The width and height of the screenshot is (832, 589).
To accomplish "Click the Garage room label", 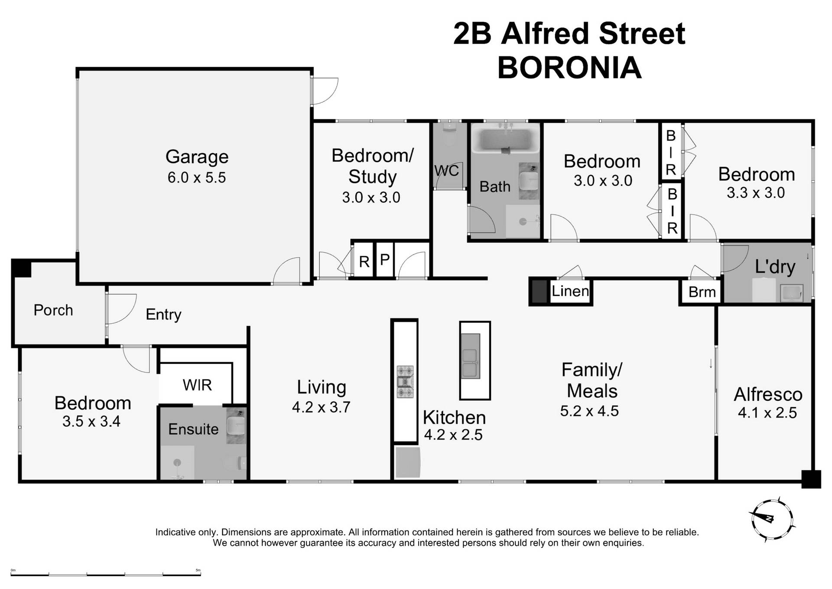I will pyautogui.click(x=197, y=157).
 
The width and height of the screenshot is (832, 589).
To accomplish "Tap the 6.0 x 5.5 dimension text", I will pyautogui.click(x=197, y=177).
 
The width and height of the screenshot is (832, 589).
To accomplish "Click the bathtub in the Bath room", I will pyautogui.click(x=505, y=139).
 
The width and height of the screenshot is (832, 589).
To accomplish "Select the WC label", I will pyautogui.click(x=446, y=170).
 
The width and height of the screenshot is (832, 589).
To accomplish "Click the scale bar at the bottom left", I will pyautogui.click(x=105, y=574).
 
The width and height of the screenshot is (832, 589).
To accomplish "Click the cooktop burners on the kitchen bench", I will pyautogui.click(x=405, y=382).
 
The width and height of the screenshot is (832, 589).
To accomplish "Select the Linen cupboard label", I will pyautogui.click(x=570, y=291).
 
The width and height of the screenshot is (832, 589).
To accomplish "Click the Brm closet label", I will pyautogui.click(x=702, y=292).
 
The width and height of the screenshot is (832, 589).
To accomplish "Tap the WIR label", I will pyautogui.click(x=197, y=385).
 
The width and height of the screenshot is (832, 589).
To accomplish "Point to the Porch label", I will pyautogui.click(x=53, y=310).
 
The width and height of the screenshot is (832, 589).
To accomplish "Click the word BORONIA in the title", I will pyautogui.click(x=569, y=68).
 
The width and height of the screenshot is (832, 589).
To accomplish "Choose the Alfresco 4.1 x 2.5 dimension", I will pyautogui.click(x=767, y=412).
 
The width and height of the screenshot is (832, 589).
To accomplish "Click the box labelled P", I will pyautogui.click(x=384, y=260).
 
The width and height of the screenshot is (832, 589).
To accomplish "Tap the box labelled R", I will pyautogui.click(x=364, y=262).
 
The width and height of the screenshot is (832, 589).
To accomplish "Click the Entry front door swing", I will pyautogui.click(x=121, y=309).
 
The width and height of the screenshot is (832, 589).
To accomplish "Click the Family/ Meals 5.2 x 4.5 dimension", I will pyautogui.click(x=589, y=411).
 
